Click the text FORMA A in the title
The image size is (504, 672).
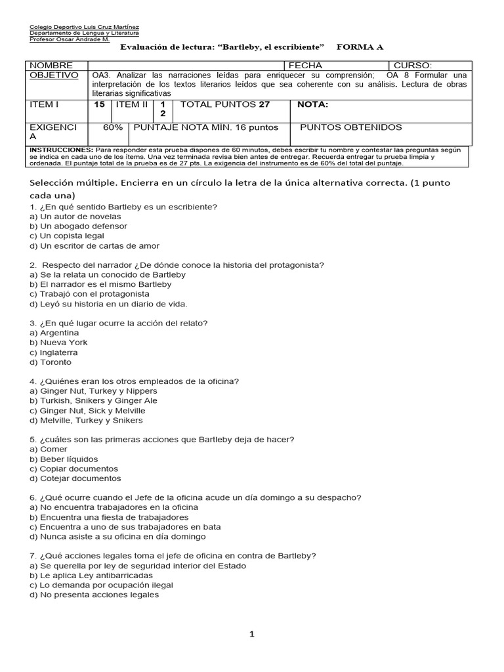(x=360, y=47)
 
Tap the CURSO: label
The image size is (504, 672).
(x=413, y=66)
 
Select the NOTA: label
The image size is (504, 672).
(x=313, y=104)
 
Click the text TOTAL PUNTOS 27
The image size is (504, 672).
(x=225, y=104)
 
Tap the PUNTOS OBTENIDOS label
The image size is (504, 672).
(x=351, y=127)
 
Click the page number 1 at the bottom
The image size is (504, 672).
(x=251, y=634)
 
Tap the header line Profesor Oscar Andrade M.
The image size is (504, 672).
(x=70, y=39)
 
